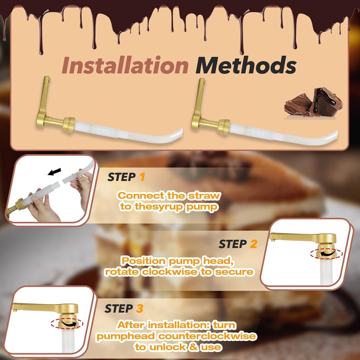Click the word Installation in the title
(125, 66)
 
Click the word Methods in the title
(246, 66)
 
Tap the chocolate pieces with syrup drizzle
(314, 102)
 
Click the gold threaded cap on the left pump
(69, 124)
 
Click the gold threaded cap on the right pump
(223, 127)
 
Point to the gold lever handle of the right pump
(198, 102)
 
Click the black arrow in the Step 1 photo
(54, 172)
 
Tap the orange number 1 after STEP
(142, 177)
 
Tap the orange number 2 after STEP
(253, 244)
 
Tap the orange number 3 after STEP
(140, 309)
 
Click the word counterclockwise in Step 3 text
(207, 336)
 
